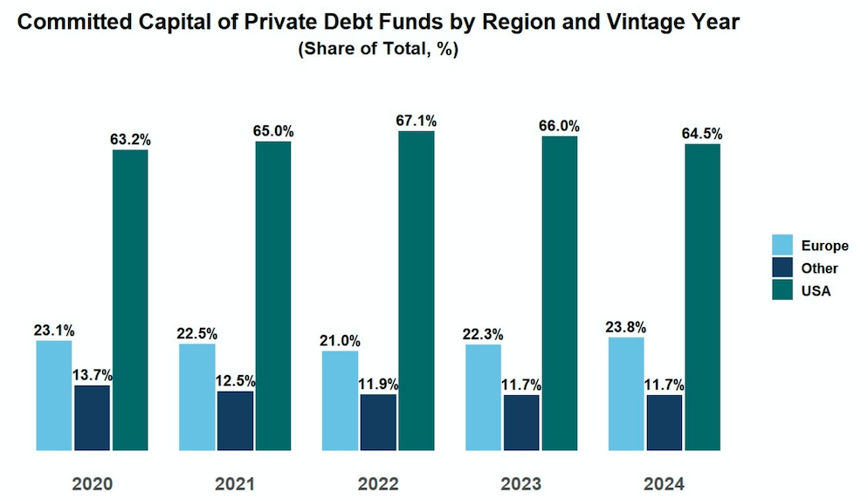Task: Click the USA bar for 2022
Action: point(417,290)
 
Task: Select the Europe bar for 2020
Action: point(54,395)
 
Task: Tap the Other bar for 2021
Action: point(235,421)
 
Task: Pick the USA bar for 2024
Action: point(702,297)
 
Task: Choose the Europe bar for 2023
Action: point(483,397)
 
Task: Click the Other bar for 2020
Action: point(92,418)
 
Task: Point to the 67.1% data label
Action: point(417,121)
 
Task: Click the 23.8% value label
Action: point(625,328)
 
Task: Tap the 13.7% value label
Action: point(93,376)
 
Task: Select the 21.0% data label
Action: point(340,341)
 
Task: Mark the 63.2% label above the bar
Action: point(130,139)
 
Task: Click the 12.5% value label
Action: point(236,381)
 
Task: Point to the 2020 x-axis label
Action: point(92,484)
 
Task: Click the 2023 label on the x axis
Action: point(521,484)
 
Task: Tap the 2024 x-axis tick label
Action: point(665,484)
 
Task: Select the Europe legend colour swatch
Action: point(782,246)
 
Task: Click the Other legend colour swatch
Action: point(782,268)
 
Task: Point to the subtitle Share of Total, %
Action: point(378,50)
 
